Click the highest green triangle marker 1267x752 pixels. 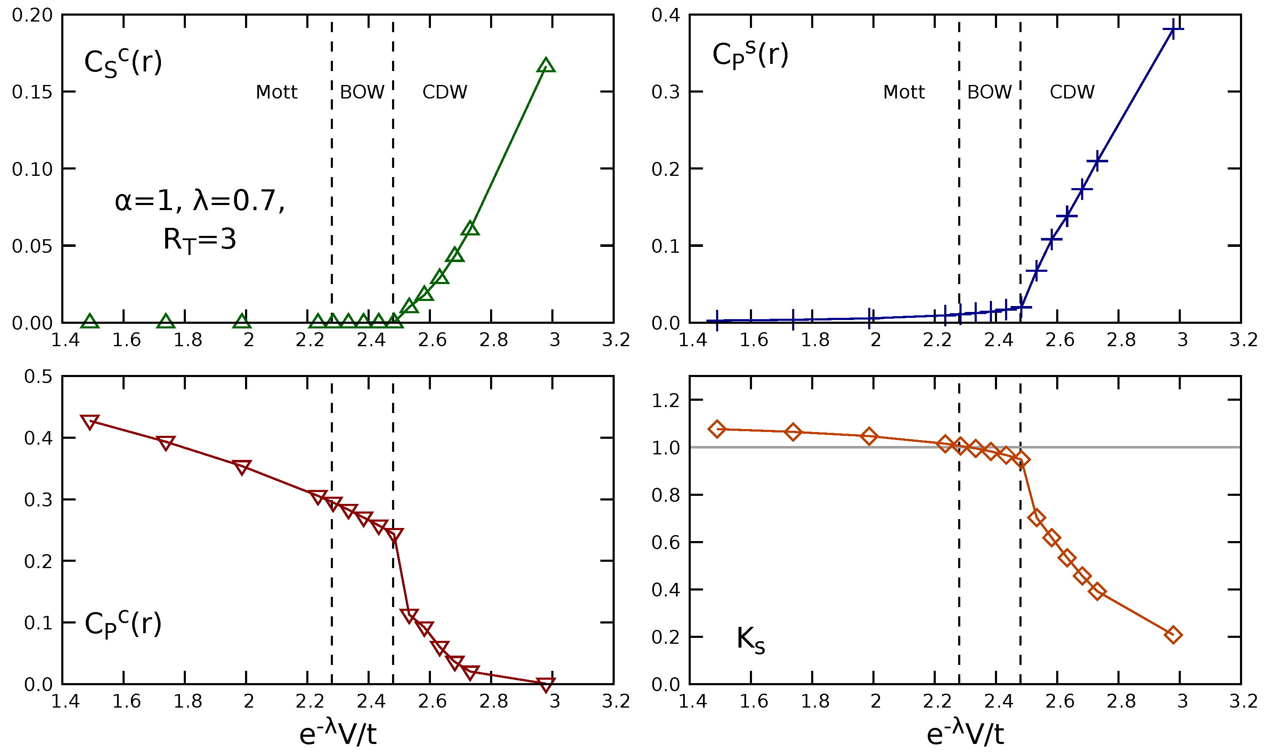[x=545, y=66]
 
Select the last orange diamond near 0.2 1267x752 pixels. [x=1173, y=635]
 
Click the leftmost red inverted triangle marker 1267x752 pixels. [x=90, y=421]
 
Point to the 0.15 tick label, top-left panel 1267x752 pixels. [x=32, y=92]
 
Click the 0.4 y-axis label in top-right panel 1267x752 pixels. [x=665, y=15]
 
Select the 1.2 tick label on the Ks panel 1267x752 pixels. [x=665, y=401]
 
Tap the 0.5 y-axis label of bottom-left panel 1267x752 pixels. [x=38, y=377]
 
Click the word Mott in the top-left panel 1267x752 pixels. [x=276, y=92]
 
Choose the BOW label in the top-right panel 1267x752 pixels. [x=989, y=92]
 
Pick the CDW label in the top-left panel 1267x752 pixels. [x=444, y=92]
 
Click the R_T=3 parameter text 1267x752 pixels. [x=199, y=240]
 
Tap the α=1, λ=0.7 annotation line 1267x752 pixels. [x=199, y=201]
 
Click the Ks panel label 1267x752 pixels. [x=750, y=640]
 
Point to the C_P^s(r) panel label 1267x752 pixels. [x=750, y=55]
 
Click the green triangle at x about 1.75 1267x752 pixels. [x=166, y=321]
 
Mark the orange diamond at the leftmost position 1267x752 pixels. [x=717, y=429]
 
